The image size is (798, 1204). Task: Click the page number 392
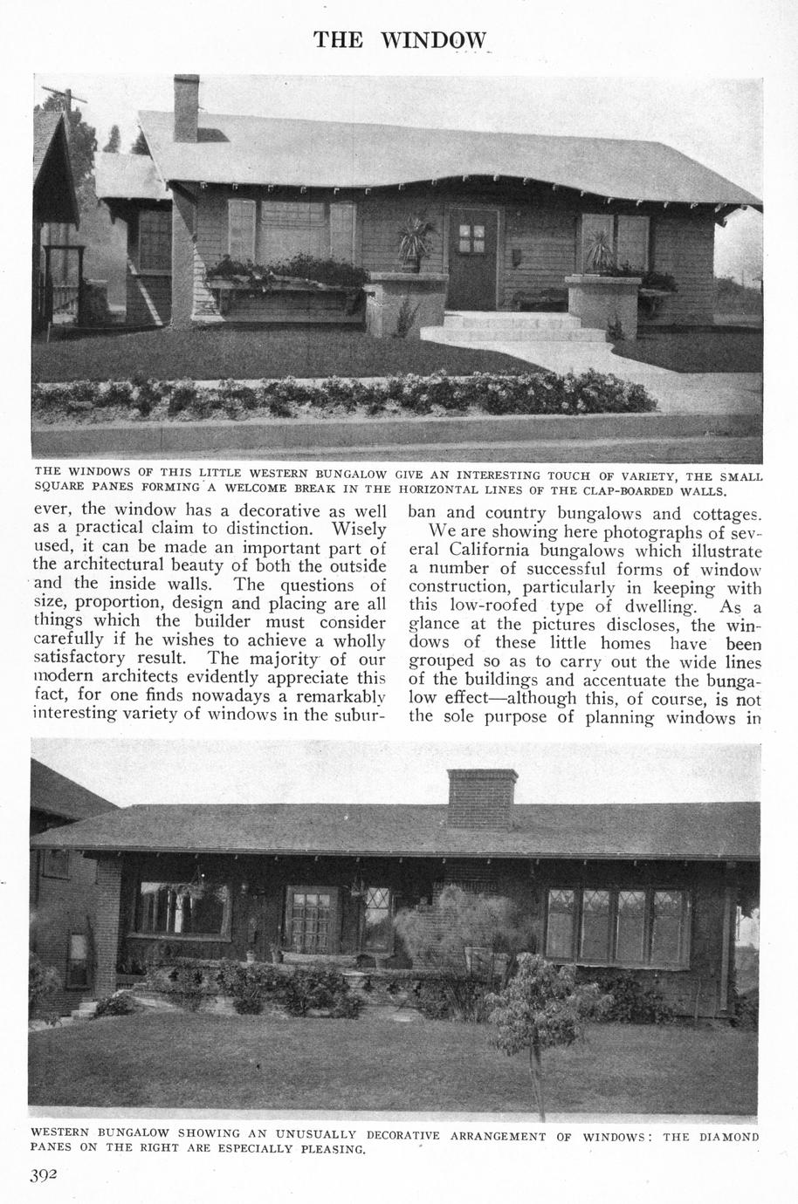click(44, 1174)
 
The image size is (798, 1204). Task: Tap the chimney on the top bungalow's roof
click(186, 108)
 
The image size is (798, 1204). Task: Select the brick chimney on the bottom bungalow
click(481, 800)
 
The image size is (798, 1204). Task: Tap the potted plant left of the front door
click(412, 240)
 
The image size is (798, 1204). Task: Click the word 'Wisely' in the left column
click(358, 530)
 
